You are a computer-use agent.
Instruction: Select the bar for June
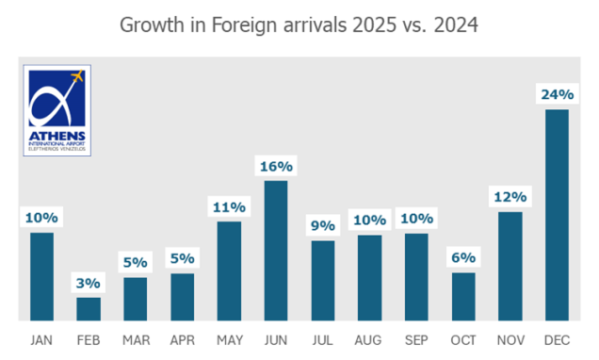(276, 251)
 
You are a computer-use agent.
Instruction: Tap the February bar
(89, 309)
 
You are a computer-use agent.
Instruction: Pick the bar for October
(463, 297)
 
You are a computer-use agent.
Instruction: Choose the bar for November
(510, 267)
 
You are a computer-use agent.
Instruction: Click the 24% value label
(557, 94)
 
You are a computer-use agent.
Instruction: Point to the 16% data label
(276, 166)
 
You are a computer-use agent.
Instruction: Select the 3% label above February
(89, 283)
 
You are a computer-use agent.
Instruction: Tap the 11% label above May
(229, 206)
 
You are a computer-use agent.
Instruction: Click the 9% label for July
(323, 225)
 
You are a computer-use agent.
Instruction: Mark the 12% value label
(510, 197)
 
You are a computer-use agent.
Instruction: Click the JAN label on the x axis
(41, 338)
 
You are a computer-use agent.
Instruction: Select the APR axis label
(182, 338)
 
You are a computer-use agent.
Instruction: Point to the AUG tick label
(369, 338)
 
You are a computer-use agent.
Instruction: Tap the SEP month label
(416, 338)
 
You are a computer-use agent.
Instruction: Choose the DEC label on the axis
(557, 338)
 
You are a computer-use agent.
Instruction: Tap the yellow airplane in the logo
(77, 75)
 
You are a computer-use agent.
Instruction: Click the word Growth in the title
(154, 25)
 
